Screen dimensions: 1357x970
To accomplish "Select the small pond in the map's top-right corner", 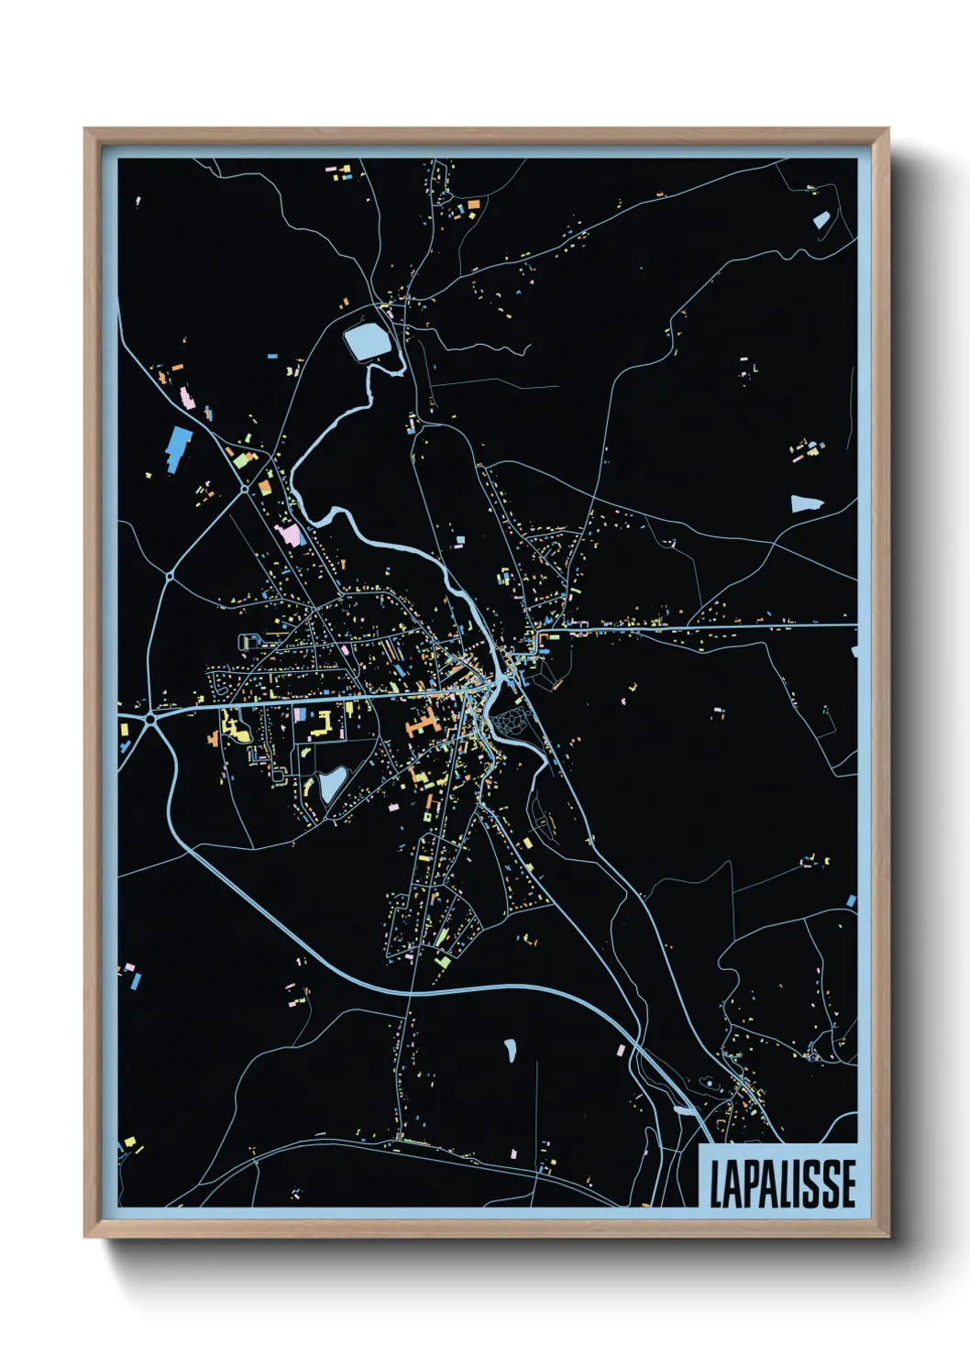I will coord(821,219).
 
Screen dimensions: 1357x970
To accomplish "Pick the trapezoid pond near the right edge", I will coord(807,502).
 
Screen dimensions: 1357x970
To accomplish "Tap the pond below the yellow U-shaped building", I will coord(331,784).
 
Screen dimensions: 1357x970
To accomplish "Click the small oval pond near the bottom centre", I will coord(510,1050).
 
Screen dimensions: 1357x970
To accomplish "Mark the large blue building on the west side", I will coord(179,448).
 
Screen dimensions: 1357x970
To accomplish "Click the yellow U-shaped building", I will coord(324,724).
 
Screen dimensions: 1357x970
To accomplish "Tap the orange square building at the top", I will coord(473,204).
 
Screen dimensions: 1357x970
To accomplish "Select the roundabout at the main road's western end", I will coord(149,720).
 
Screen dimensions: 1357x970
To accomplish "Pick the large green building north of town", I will coord(241,460).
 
